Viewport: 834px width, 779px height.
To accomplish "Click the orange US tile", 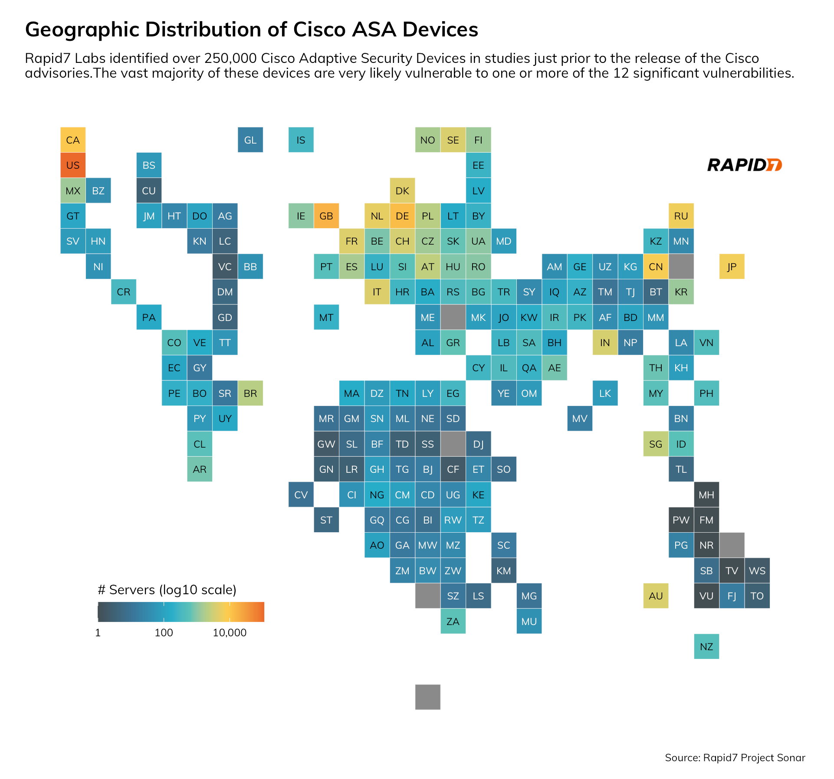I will tap(73, 165).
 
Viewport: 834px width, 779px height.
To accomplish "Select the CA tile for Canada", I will tap(73, 140).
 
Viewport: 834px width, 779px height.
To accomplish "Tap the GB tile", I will tap(326, 216).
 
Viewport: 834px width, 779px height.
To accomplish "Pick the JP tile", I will tap(732, 267).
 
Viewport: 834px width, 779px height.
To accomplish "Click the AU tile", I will tap(656, 596).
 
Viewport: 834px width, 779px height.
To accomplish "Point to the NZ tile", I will tap(706, 647).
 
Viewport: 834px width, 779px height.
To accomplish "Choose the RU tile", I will tap(681, 216).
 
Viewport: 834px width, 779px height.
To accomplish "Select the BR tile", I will tap(250, 393).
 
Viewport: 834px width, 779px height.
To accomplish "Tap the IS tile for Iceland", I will tap(301, 140).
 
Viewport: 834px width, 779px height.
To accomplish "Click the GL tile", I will tap(250, 140).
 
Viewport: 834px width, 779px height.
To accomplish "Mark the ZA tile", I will tap(453, 622).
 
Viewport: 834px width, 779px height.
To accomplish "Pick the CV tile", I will tap(301, 495).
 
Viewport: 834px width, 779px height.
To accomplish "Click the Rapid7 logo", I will tap(744, 165).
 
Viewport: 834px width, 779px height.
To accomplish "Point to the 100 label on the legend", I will tap(164, 633).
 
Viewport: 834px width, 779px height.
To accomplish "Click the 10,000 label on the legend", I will tap(230, 633).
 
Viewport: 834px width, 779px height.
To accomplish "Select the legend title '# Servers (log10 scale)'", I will tap(167, 590).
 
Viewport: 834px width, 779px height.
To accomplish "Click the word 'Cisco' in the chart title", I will tap(320, 30).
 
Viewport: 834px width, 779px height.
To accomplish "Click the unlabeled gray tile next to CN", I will tap(681, 267).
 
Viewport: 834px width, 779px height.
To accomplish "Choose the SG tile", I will tap(656, 444).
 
